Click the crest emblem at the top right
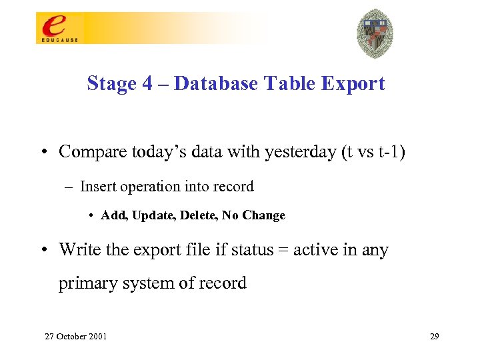[x=375, y=33]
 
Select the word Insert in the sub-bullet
[x=96, y=187]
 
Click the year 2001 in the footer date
[x=96, y=336]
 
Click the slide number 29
[x=434, y=336]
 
